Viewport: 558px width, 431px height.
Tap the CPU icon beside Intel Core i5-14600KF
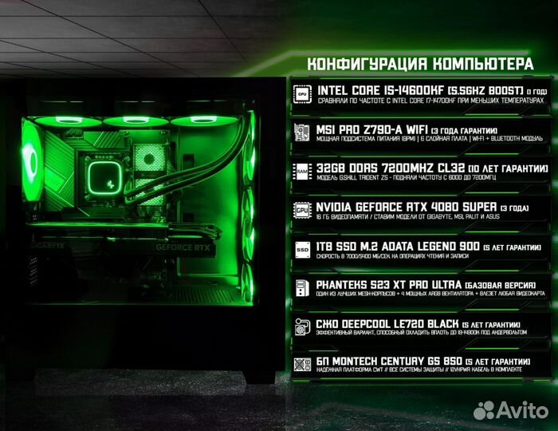[x=302, y=93]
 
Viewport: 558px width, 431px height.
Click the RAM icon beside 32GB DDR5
[x=302, y=171]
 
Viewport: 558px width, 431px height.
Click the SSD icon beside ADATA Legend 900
[x=302, y=248]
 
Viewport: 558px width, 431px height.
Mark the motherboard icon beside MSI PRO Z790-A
[x=302, y=132]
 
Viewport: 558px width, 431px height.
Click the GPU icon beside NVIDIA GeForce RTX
[x=302, y=209]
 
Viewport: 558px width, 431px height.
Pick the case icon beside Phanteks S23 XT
[x=302, y=287]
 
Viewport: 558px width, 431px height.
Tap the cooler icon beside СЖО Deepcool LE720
[x=302, y=326]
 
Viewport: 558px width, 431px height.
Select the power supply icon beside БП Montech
[x=302, y=364]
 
